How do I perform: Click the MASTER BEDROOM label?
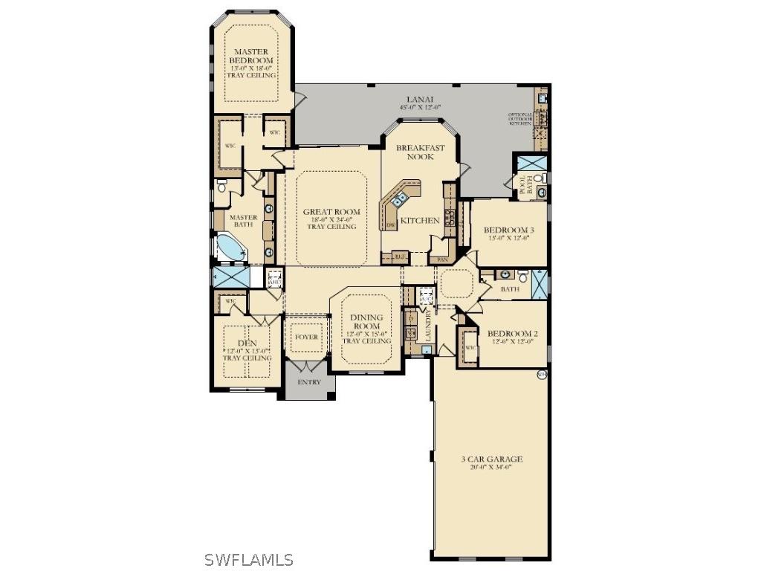point(252,56)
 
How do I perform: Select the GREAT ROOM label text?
point(331,212)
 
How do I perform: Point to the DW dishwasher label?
point(389,225)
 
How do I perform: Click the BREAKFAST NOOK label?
point(420,152)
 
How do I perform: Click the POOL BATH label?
point(525,185)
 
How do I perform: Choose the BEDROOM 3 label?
point(510,230)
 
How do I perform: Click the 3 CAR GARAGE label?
point(491,459)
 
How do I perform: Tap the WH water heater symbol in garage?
point(541,375)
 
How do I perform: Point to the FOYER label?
point(306,337)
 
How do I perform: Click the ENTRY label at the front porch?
point(309,382)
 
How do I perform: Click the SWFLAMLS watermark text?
point(248,561)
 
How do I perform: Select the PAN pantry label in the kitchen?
point(441,259)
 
